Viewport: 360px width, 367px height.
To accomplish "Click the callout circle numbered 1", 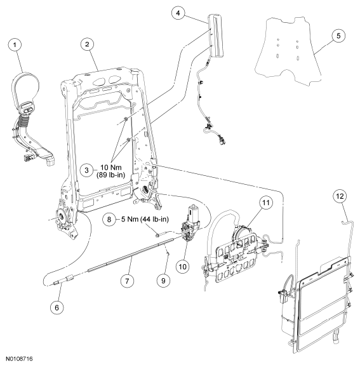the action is point(15,44).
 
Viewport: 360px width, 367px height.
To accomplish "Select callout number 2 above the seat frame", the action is point(88,44).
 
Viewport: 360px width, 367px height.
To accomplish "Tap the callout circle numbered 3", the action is point(86,170).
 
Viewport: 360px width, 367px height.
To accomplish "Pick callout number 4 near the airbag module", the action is point(178,13).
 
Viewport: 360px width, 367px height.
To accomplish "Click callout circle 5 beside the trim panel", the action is point(338,36).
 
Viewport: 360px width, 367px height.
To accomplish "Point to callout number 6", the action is point(57,307).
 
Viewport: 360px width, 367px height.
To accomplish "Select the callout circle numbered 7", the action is point(127,281).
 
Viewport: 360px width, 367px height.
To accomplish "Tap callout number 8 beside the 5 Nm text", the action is point(109,219).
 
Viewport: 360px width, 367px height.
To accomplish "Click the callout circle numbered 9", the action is point(163,281).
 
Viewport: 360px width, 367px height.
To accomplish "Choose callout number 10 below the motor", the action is point(183,266).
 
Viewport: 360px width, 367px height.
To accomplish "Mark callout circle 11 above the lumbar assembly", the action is point(265,203).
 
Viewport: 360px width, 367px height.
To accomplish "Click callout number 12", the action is point(340,196).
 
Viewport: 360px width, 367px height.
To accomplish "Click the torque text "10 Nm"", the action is point(111,168).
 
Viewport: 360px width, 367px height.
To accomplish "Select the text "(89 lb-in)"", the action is point(111,175).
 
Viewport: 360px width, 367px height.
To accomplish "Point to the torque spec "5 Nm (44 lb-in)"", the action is point(145,219).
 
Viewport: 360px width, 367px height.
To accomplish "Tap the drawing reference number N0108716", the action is point(20,359).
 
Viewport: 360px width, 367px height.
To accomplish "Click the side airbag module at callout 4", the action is point(216,36).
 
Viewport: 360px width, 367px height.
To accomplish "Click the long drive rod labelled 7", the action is point(131,255).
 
